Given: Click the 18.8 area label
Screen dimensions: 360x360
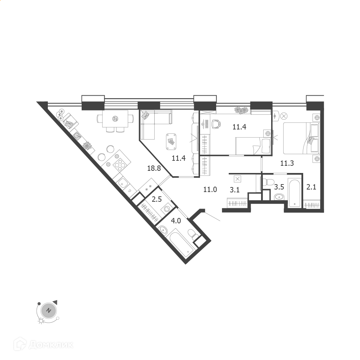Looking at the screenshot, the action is point(154,168).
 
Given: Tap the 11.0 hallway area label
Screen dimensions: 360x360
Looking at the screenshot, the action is point(210,190).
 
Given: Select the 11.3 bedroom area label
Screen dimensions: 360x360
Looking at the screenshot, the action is point(287,163).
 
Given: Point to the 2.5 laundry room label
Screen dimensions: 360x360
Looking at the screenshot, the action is point(157,199).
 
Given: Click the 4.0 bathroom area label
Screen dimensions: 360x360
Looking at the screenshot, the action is point(176,221).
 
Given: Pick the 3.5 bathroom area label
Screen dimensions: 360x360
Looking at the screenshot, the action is point(279,187).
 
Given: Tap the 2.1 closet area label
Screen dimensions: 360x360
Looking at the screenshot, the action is point(311,187).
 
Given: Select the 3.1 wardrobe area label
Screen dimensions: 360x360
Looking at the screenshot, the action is point(234,190).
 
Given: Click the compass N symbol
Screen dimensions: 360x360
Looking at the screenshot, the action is point(49,311).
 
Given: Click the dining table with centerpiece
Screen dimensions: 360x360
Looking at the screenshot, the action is point(115,119).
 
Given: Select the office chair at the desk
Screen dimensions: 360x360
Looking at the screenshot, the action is point(216,123).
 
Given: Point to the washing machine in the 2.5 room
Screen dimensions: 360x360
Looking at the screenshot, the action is point(167,209).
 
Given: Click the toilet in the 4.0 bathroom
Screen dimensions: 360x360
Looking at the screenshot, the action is point(192,234).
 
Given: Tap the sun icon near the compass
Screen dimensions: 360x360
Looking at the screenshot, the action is point(41,321).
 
